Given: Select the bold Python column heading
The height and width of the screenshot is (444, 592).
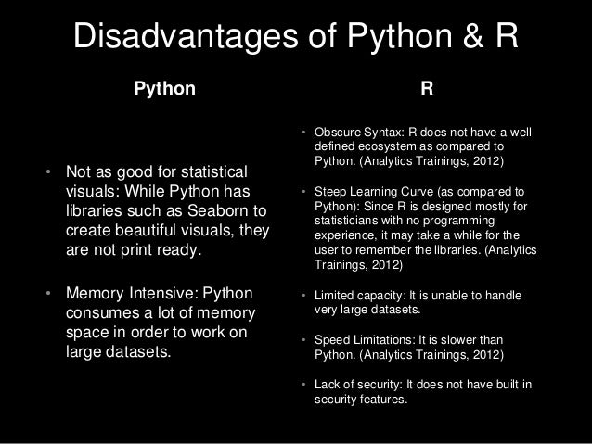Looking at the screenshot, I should point(165,91).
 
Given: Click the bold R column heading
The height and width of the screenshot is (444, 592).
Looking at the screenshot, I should point(425,91).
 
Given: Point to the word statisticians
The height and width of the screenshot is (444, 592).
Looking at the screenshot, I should point(348,222).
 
